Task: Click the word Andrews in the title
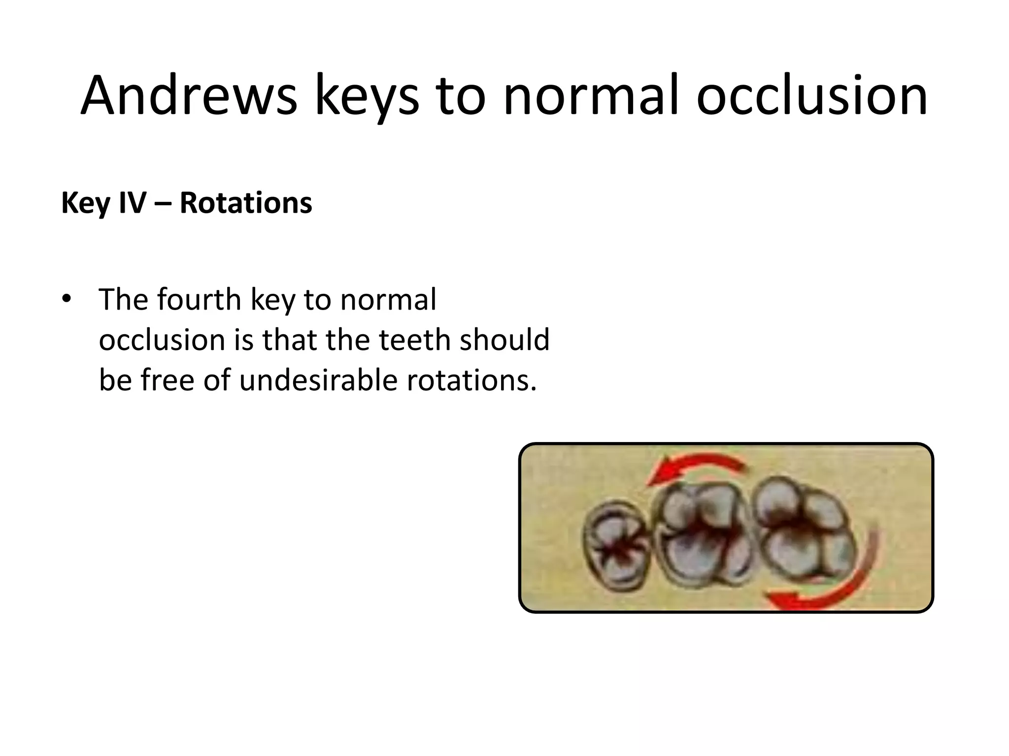(x=189, y=96)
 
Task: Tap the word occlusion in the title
(x=812, y=96)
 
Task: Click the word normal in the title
(x=590, y=96)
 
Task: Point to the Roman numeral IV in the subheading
(x=133, y=203)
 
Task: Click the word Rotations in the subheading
(x=246, y=203)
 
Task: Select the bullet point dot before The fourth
(x=67, y=299)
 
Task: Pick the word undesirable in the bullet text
(x=318, y=380)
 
